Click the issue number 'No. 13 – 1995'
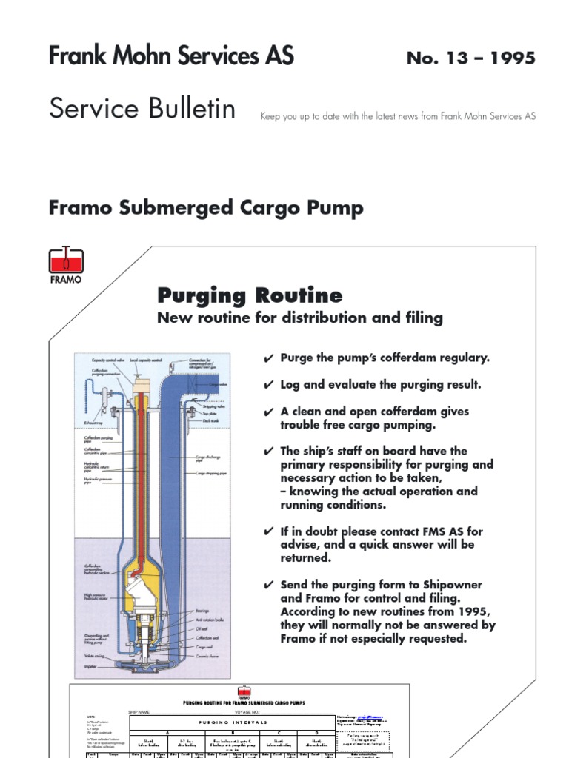click(x=470, y=58)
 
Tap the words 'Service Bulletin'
click(x=142, y=109)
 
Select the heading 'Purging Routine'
click(x=250, y=296)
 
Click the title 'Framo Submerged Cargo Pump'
click(x=206, y=208)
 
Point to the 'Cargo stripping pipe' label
click(x=212, y=472)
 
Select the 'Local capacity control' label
click(x=147, y=360)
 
